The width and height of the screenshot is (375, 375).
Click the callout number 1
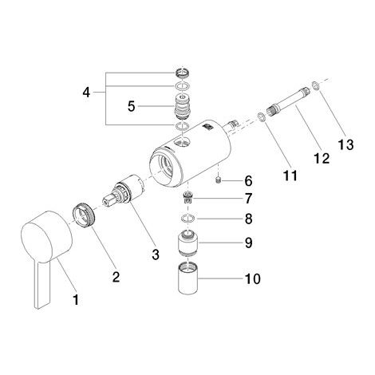pyautogui.click(x=76, y=300)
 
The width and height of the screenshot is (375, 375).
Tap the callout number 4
pyautogui.click(x=86, y=93)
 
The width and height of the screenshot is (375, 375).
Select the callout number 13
pyautogui.click(x=345, y=144)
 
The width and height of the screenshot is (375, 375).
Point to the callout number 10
pyautogui.click(x=252, y=278)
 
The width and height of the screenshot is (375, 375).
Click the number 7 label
pyautogui.click(x=248, y=199)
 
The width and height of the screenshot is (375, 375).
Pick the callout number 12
pyautogui.click(x=322, y=159)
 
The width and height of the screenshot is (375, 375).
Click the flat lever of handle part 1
pyautogui.click(x=42, y=285)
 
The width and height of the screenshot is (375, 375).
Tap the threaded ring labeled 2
pyautogui.click(x=83, y=215)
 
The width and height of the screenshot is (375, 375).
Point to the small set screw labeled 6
pyautogui.click(x=218, y=181)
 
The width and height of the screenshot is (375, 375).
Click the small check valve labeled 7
pyautogui.click(x=188, y=198)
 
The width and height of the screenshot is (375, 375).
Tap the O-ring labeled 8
pyautogui.click(x=188, y=219)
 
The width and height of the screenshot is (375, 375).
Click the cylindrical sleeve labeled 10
pyautogui.click(x=187, y=278)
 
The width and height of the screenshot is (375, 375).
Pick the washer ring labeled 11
pyautogui.click(x=261, y=117)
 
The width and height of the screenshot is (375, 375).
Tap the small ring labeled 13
pyautogui.click(x=315, y=85)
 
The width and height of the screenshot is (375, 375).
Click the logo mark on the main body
pyautogui.click(x=207, y=128)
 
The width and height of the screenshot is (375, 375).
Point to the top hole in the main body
pyautogui.click(x=183, y=142)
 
